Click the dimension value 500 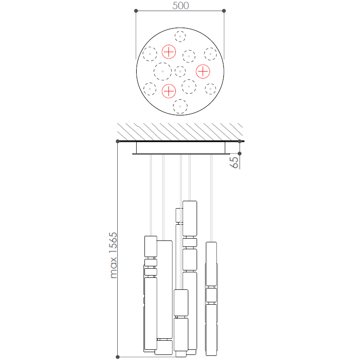(180, 6)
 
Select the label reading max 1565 (114, 255)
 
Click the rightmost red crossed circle (203, 72)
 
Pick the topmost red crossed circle (169, 52)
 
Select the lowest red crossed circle (169, 91)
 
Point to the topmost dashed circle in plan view (180, 36)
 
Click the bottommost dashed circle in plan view (180, 107)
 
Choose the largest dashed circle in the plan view (162, 72)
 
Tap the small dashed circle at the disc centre (180, 72)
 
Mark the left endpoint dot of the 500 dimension (136, 11)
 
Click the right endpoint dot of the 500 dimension (224, 11)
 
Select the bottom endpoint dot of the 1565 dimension (118, 356)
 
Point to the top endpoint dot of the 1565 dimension (118, 141)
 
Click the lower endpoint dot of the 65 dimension (240, 154)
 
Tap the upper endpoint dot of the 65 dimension (240, 141)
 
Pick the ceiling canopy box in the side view (180, 148)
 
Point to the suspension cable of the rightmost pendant (211, 198)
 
